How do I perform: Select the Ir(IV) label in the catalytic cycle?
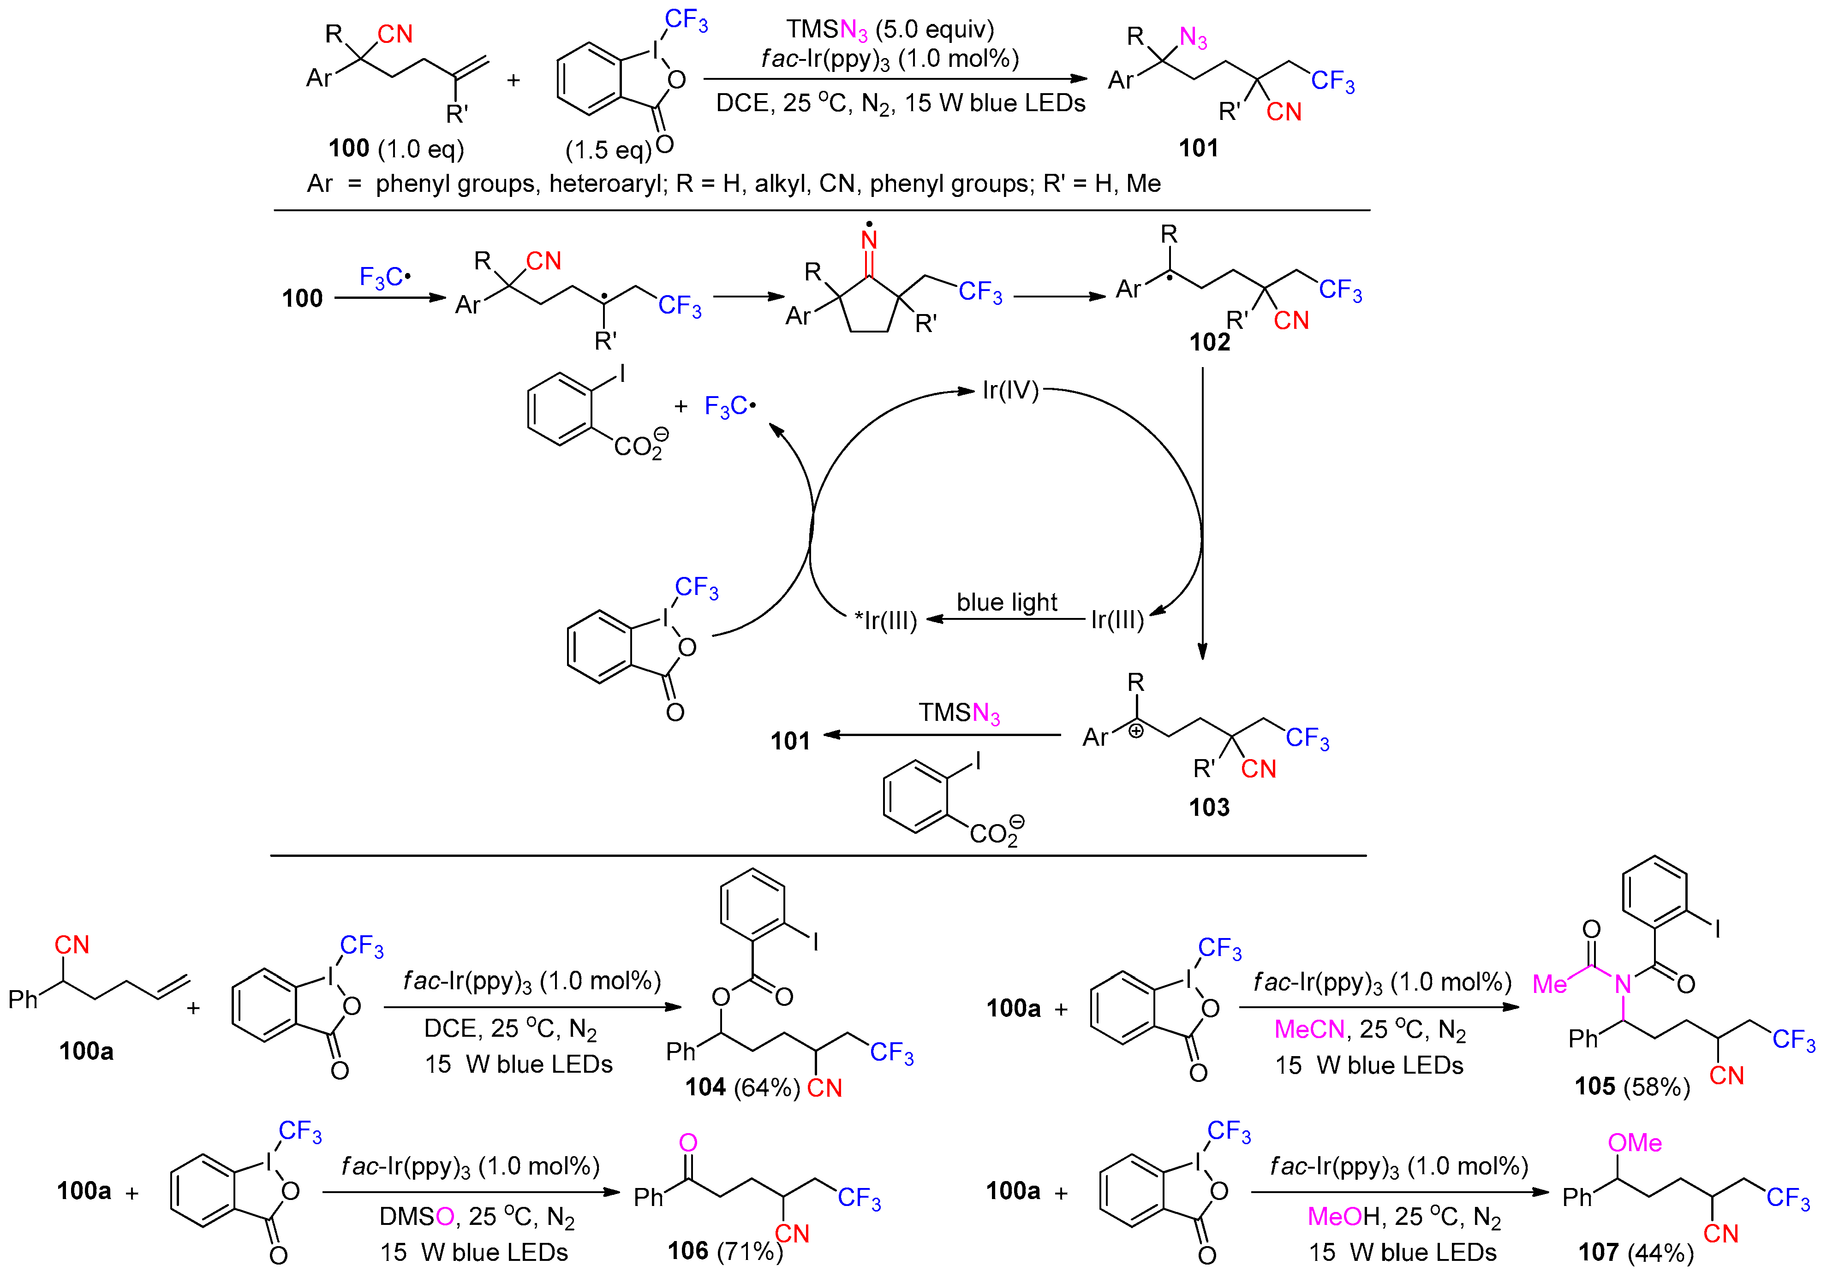pyautogui.click(x=1010, y=391)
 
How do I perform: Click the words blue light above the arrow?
pyautogui.click(x=1007, y=602)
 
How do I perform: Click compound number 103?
pyautogui.click(x=1209, y=808)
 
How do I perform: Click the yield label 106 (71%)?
pyautogui.click(x=724, y=1251)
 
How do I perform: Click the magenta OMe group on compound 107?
pyautogui.click(x=1635, y=1143)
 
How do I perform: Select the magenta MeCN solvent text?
pyautogui.click(x=1309, y=1029)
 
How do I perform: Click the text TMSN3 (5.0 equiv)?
pyautogui.click(x=890, y=30)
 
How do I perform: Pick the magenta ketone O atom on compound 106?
pyautogui.click(x=688, y=1143)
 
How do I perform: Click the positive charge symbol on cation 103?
pyautogui.click(x=1136, y=730)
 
